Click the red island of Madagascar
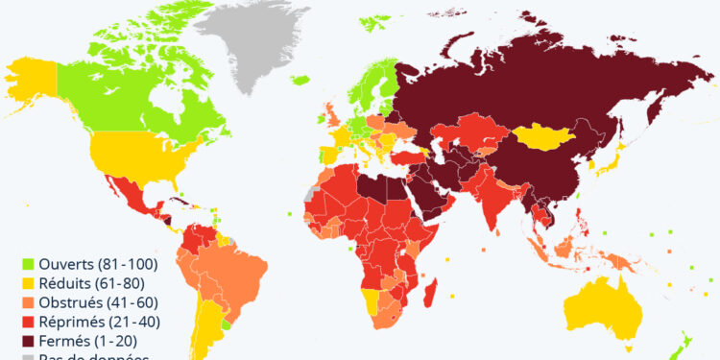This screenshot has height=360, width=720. tap(431, 293)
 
